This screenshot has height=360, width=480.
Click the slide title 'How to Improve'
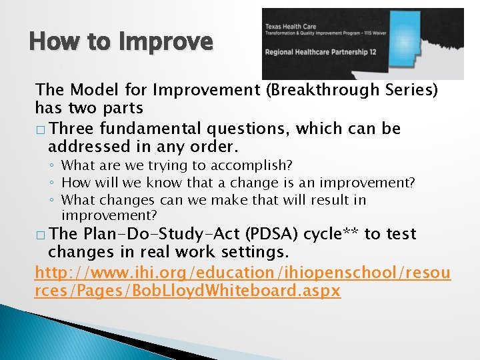click(x=121, y=42)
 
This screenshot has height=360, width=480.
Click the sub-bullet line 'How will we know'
click(x=237, y=183)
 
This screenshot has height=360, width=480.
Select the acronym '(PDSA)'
click(x=271, y=234)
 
